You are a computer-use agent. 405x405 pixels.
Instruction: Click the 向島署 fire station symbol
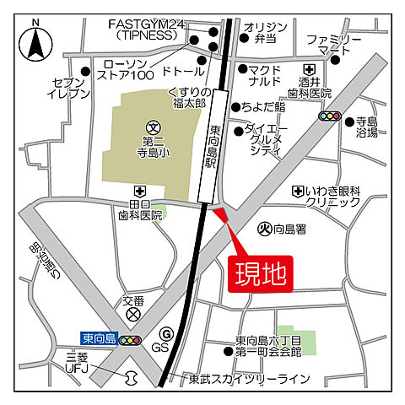pos(262,228)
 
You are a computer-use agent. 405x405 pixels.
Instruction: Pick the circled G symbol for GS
pos(165,333)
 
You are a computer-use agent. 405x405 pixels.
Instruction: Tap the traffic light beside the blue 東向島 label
pos(130,340)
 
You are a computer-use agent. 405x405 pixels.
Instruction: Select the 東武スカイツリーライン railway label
pos(249,378)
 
